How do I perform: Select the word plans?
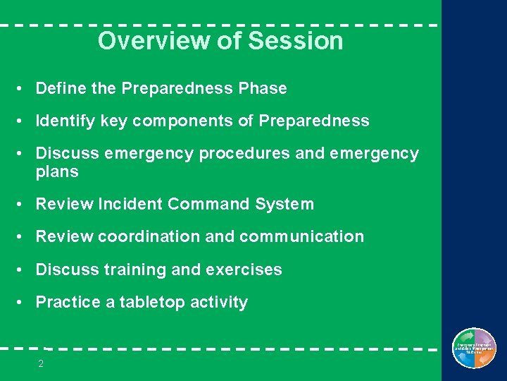pos(57,172)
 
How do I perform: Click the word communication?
pos(301,236)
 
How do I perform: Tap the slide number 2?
pos(41,364)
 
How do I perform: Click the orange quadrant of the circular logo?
pos(484,358)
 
